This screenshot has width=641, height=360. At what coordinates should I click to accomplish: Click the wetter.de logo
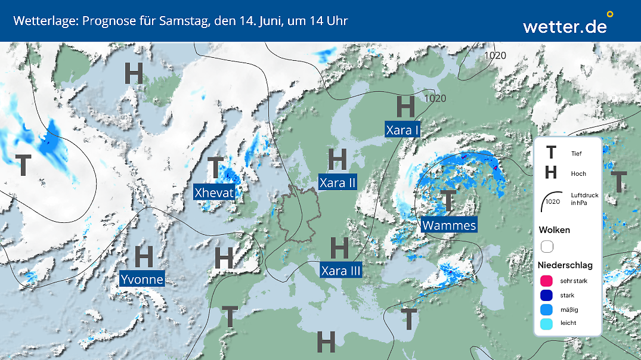(565, 25)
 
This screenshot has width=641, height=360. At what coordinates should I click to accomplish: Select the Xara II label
(337, 182)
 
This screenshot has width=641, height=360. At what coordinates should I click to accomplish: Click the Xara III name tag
(341, 271)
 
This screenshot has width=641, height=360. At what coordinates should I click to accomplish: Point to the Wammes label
(449, 225)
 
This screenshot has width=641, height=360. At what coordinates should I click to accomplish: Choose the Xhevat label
(214, 192)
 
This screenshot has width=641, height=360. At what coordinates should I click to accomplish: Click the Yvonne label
(141, 279)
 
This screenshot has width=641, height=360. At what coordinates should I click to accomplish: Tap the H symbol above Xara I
(405, 107)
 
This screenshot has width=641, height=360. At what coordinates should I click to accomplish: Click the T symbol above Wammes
(448, 201)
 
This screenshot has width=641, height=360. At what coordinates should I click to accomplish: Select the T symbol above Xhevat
(215, 169)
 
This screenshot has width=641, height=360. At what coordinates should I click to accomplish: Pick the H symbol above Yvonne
(144, 256)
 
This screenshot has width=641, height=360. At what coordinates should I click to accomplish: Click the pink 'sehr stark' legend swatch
(547, 281)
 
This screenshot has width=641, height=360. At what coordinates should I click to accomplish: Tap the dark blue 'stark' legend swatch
(547, 295)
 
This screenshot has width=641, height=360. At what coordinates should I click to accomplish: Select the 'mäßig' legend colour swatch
(547, 309)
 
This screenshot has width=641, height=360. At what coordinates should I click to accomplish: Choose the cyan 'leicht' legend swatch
(547, 324)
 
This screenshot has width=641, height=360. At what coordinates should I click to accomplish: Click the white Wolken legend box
(547, 246)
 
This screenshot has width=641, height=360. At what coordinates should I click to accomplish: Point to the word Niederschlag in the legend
(565, 265)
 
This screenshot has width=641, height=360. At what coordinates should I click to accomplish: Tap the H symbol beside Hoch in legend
(551, 173)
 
